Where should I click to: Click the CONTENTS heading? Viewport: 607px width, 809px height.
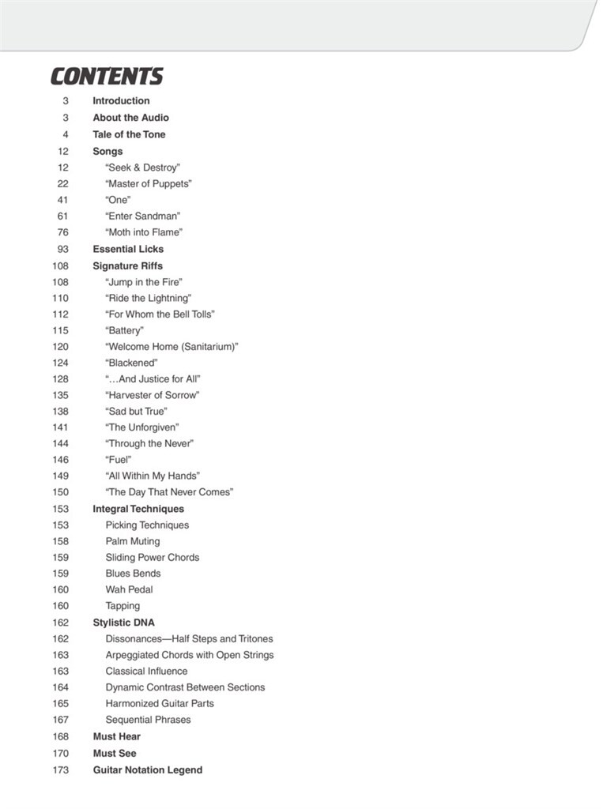107,77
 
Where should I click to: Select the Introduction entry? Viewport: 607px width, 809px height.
121,101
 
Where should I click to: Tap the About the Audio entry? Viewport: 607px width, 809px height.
130,118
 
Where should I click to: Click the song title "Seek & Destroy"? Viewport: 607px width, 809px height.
143,167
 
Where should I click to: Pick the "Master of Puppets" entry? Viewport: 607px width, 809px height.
149,184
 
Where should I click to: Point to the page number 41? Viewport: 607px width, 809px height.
63,200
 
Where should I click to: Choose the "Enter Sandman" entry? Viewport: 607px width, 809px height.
143,216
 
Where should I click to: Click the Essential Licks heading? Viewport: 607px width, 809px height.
128,249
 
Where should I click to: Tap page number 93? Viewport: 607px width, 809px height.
63,249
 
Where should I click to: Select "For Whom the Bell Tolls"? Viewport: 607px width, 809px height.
160,314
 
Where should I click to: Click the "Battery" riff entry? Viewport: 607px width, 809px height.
124,330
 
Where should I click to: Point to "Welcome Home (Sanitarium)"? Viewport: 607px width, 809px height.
172,347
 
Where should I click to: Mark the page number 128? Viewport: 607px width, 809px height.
61,379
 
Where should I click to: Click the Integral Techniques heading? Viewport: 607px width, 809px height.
138,509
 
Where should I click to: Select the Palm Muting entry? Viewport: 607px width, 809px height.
132,541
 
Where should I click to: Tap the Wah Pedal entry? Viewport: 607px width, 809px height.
129,589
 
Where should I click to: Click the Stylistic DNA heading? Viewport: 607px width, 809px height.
123,623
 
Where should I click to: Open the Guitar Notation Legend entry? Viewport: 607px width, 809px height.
148,769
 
